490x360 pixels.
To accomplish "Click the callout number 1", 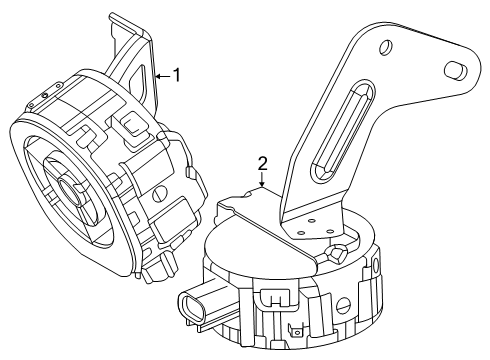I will pos(177,73).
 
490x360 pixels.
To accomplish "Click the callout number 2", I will pos(262,162).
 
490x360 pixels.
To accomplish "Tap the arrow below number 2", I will pos(262,187).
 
